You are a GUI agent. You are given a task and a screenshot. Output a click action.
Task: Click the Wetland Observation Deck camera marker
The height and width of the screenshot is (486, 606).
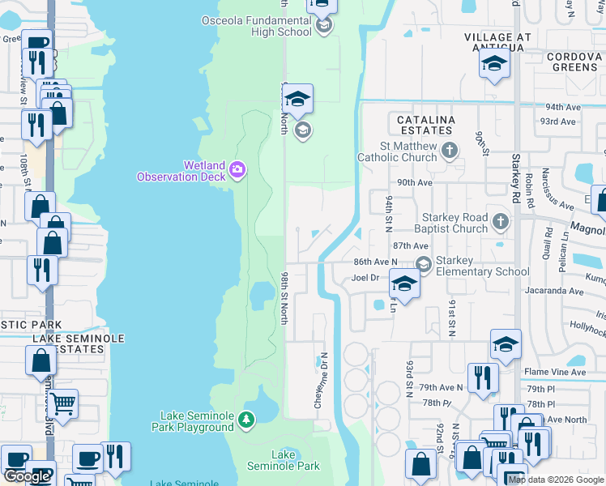click(x=237, y=168)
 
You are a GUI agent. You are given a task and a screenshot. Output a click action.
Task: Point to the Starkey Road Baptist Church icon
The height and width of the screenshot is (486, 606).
click(x=501, y=220)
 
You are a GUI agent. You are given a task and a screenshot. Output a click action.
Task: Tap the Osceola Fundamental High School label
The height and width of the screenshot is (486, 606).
click(x=256, y=26)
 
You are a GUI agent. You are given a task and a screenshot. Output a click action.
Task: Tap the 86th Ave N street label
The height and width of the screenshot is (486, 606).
click(x=375, y=262)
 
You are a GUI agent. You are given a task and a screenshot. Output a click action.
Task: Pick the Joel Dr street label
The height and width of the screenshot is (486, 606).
click(x=365, y=278)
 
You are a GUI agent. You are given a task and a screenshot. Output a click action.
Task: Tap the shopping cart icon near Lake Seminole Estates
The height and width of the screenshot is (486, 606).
click(x=63, y=401)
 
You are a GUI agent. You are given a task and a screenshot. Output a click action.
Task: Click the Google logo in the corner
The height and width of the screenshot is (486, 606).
click(x=28, y=476)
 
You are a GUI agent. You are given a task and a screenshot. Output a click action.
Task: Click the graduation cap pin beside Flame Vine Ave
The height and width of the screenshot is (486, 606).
click(x=506, y=345)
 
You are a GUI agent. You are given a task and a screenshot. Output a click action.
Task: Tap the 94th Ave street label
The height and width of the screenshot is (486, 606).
click(x=565, y=106)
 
